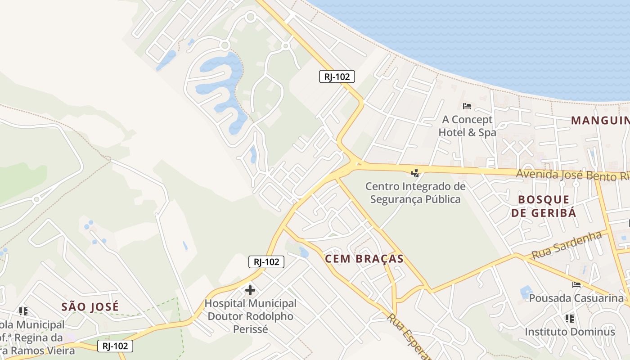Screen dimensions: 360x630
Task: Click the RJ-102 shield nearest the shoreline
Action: (337, 76)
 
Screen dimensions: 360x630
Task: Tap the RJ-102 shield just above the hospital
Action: (266, 262)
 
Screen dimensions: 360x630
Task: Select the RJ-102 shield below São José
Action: (115, 346)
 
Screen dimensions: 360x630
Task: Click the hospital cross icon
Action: (250, 290)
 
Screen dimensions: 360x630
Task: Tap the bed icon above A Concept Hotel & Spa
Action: (467, 106)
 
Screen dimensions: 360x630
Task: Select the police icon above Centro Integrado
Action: (415, 172)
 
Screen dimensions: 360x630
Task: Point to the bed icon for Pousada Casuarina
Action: (576, 284)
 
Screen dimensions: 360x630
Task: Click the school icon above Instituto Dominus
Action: (569, 319)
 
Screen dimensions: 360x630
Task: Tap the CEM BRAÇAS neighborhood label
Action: (364, 259)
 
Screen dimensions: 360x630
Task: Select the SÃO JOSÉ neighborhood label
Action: (90, 307)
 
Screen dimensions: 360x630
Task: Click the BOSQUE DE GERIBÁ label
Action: (544, 206)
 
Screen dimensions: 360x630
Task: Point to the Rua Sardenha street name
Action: (567, 245)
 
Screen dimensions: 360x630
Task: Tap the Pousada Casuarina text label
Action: (576, 298)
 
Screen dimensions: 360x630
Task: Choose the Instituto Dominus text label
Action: (570, 332)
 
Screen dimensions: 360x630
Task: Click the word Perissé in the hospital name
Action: (250, 329)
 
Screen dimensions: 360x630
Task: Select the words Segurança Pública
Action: (415, 199)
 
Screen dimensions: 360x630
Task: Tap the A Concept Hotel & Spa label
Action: (467, 126)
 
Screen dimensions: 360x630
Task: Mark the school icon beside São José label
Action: (23, 311)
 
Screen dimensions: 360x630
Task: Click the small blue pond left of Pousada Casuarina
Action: (526, 292)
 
